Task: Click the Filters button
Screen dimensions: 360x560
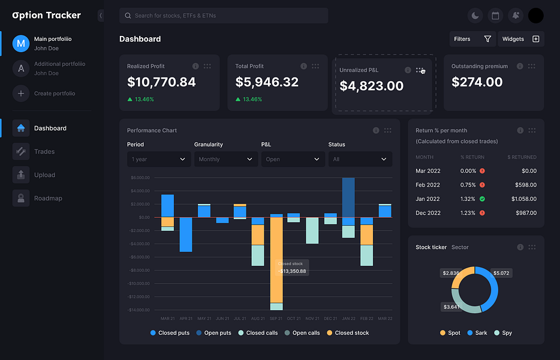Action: pos(472,39)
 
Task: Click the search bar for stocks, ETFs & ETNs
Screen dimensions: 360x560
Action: pos(224,16)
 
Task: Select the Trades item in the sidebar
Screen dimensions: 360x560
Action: pos(44,152)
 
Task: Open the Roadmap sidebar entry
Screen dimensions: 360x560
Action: pos(47,199)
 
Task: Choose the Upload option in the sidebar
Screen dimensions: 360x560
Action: pos(44,175)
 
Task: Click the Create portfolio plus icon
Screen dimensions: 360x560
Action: pos(21,94)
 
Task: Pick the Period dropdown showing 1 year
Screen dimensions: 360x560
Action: pos(159,160)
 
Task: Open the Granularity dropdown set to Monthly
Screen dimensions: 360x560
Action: pos(226,160)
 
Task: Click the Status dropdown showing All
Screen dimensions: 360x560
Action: pos(360,160)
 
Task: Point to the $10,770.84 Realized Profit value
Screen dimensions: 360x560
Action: pos(161,82)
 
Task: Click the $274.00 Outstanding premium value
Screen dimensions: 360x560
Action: pos(477,82)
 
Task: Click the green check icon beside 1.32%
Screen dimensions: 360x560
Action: pos(482,199)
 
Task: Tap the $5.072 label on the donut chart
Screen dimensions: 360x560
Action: pos(501,273)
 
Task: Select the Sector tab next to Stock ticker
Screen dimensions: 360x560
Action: pos(460,247)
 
